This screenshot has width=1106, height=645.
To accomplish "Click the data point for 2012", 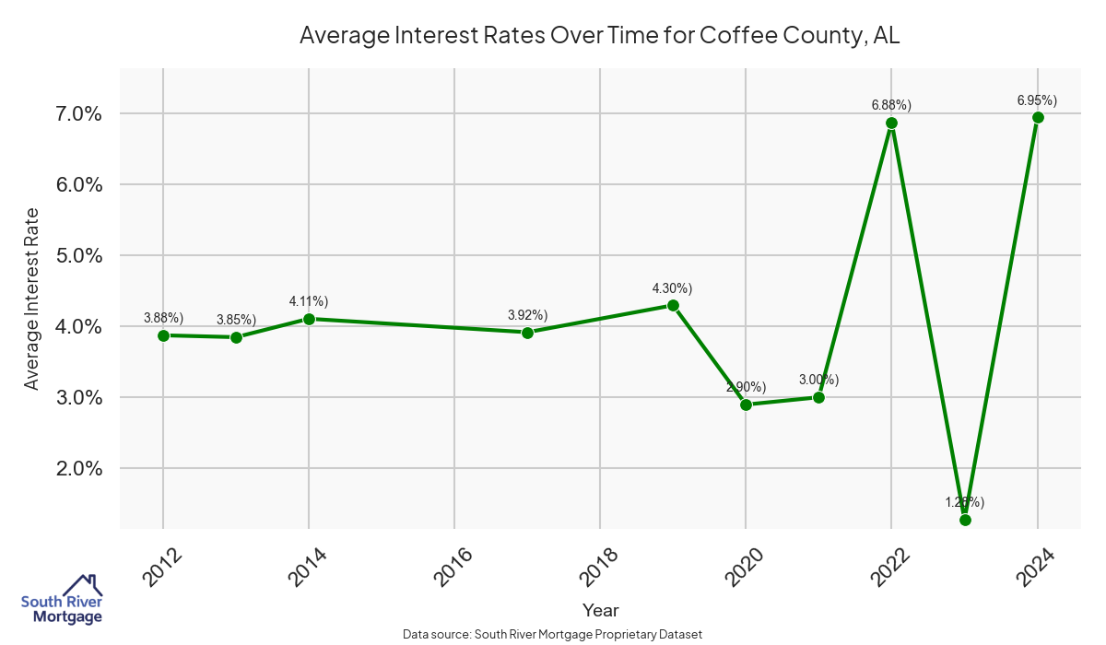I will point(163,335).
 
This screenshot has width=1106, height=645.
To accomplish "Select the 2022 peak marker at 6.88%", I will point(891,123).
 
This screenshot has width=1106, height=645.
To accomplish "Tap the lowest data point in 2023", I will point(965,520).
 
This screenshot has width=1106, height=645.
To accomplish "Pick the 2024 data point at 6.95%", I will point(1038,118).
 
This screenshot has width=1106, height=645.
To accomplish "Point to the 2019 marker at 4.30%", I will point(673,305).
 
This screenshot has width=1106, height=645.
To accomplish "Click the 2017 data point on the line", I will point(527,333).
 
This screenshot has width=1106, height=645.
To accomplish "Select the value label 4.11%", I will point(309,301).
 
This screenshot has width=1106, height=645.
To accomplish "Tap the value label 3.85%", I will point(236,320).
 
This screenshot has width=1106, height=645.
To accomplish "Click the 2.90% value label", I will point(746,387).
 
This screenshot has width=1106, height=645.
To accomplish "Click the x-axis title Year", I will point(601,610).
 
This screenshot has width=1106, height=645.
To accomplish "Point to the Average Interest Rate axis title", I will point(32,299).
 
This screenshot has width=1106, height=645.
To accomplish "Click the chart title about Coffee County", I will point(599,37).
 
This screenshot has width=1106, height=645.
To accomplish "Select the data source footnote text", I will point(553,634).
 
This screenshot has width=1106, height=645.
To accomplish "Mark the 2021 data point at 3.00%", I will point(818,397).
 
